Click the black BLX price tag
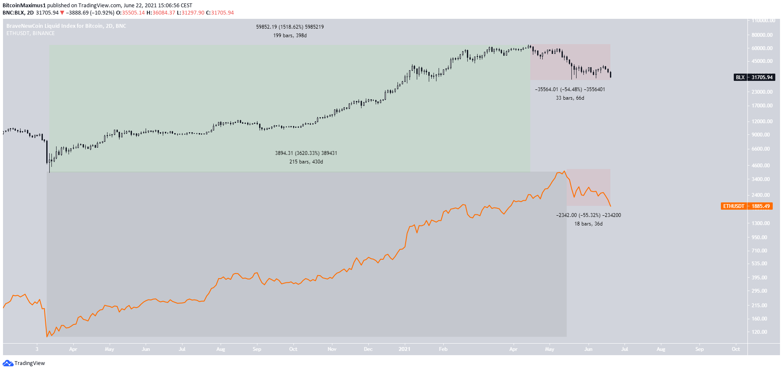[x=754, y=77]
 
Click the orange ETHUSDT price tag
[x=747, y=206]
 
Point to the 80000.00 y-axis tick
[x=762, y=35]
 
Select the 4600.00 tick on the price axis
[x=761, y=165]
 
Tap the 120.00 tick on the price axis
[x=759, y=332]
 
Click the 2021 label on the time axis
[x=404, y=349]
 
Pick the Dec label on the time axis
[x=368, y=349]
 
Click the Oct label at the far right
[x=735, y=349]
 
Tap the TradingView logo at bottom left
[x=24, y=363]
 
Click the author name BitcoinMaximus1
[x=24, y=6]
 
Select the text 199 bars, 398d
[x=290, y=36]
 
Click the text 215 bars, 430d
[x=306, y=162]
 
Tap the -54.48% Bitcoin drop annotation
[x=570, y=89]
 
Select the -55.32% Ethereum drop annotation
[x=589, y=215]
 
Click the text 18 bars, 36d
[x=589, y=224]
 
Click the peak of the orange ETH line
[x=564, y=171]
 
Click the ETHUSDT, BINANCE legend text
[x=30, y=33]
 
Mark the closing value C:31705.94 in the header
[x=220, y=13]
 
